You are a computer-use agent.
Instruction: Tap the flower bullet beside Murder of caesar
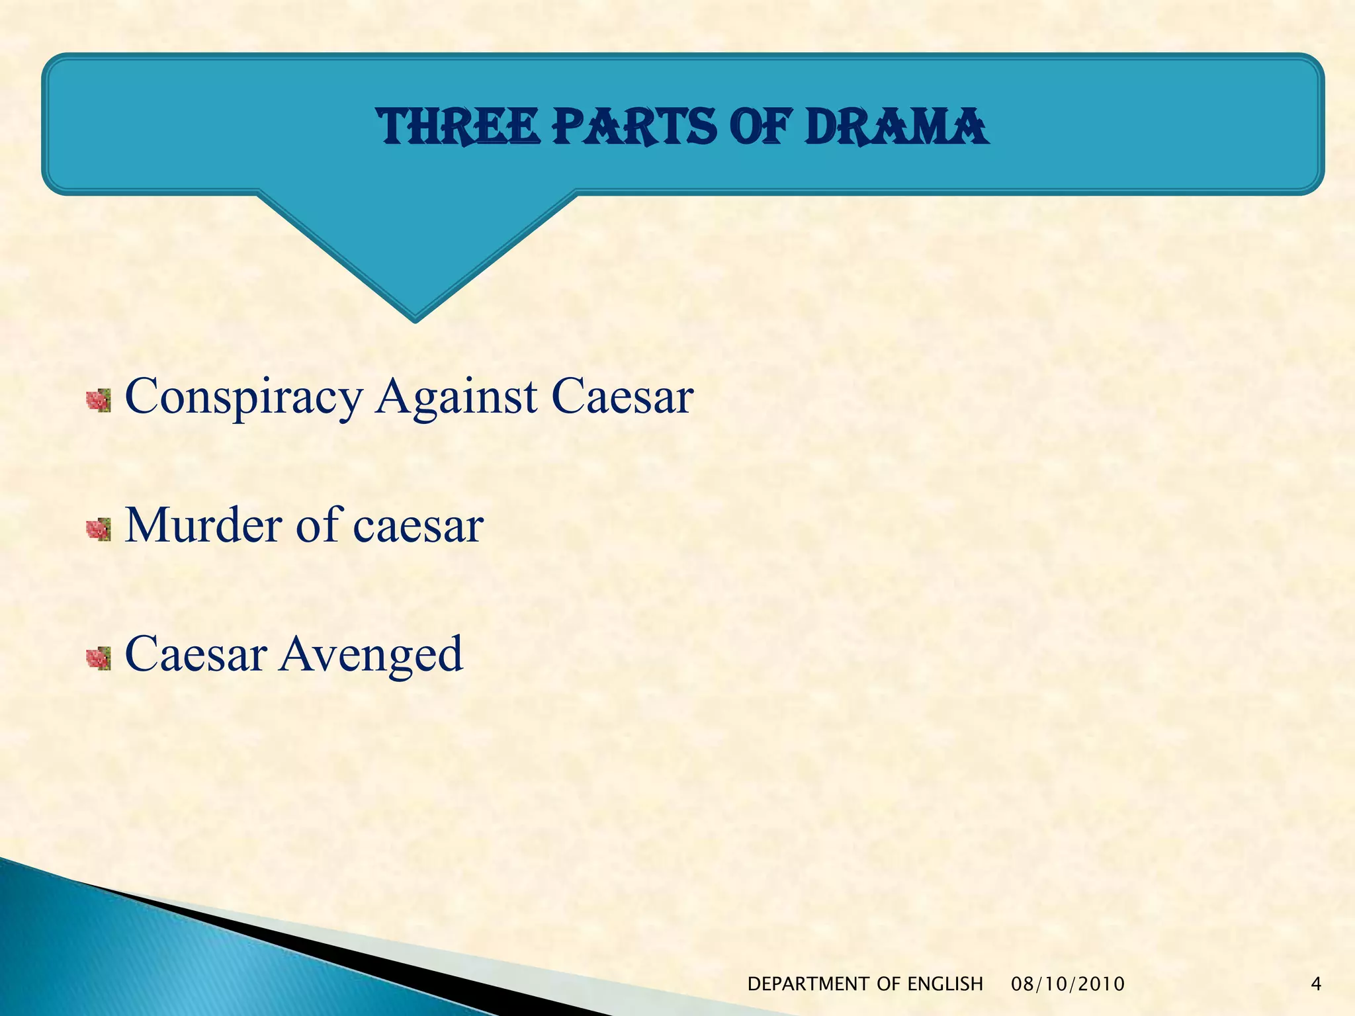tap(99, 529)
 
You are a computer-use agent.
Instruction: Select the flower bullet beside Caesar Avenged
tap(99, 658)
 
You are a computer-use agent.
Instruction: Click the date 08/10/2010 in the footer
tap(1068, 984)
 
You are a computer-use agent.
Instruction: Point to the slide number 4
tap(1316, 984)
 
